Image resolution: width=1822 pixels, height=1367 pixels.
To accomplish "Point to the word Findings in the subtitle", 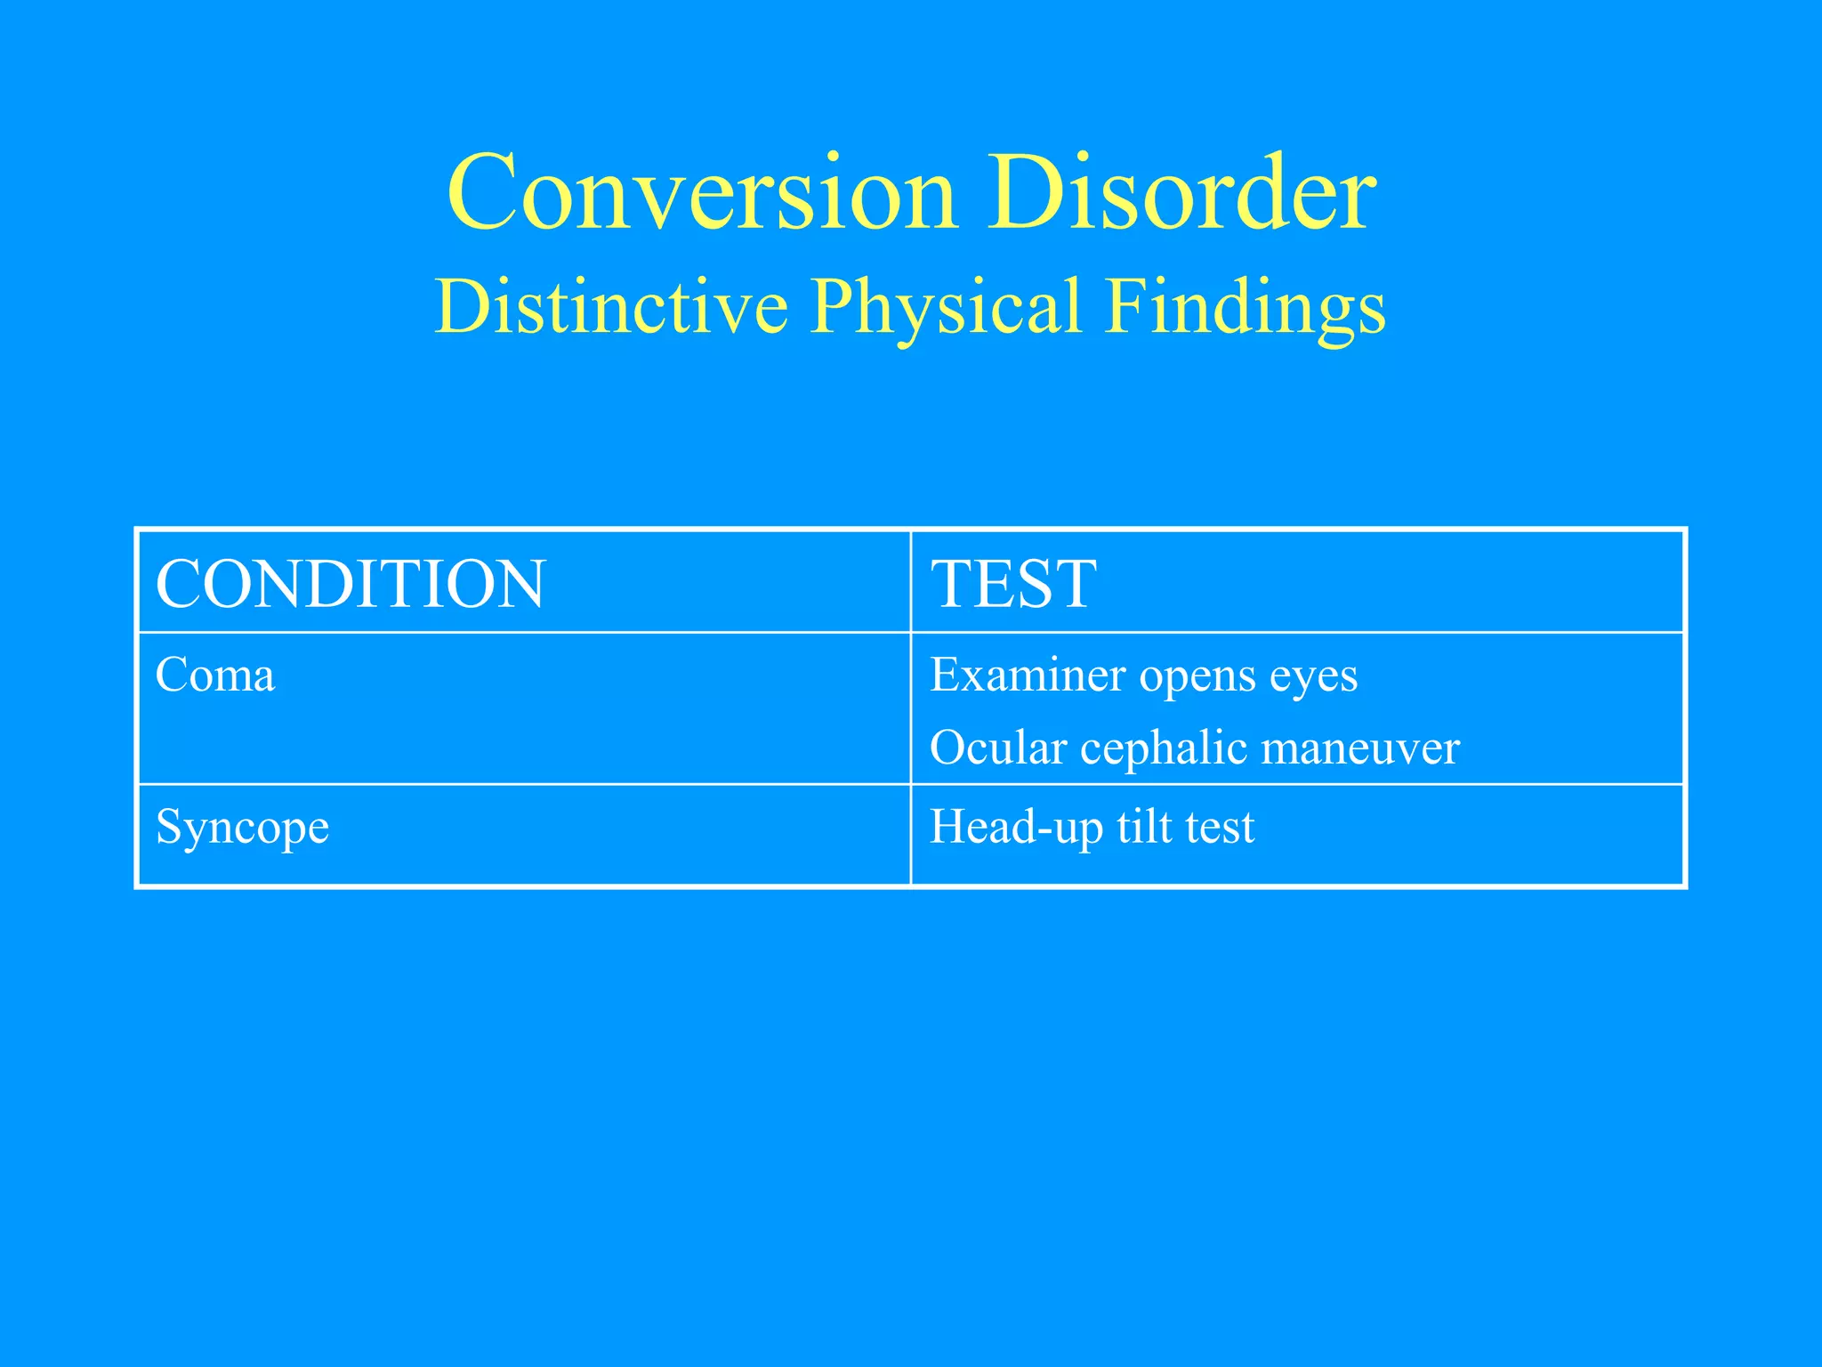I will tap(1245, 306).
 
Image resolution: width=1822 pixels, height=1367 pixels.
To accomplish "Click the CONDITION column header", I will tap(350, 584).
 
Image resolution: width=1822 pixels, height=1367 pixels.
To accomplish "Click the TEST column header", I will tap(1013, 584).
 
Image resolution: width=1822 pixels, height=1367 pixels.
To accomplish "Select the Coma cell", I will tap(215, 675).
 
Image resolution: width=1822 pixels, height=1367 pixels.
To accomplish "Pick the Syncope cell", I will tap(242, 828).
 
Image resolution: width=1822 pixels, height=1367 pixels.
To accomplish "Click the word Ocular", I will tap(997, 748).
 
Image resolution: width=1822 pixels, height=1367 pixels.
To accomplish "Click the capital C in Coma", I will tap(169, 675).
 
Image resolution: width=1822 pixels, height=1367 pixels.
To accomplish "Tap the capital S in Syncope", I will tap(166, 826).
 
